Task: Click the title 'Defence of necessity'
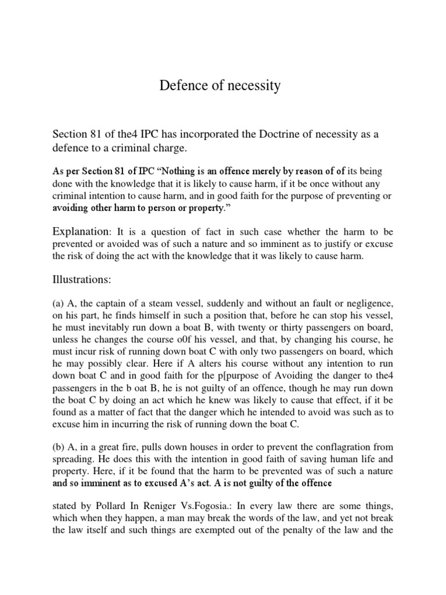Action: click(220, 86)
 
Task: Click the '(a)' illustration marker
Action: click(59, 304)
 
